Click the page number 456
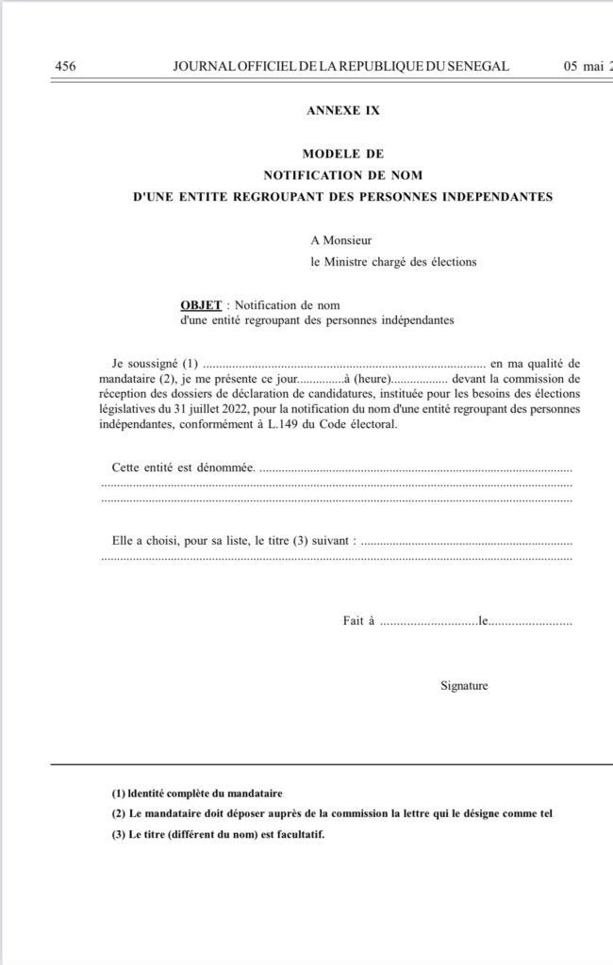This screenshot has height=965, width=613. pos(66,66)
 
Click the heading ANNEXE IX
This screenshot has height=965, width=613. pos(343,110)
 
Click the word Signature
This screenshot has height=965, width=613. pos(464,685)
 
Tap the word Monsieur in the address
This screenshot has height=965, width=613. pos(349,241)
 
